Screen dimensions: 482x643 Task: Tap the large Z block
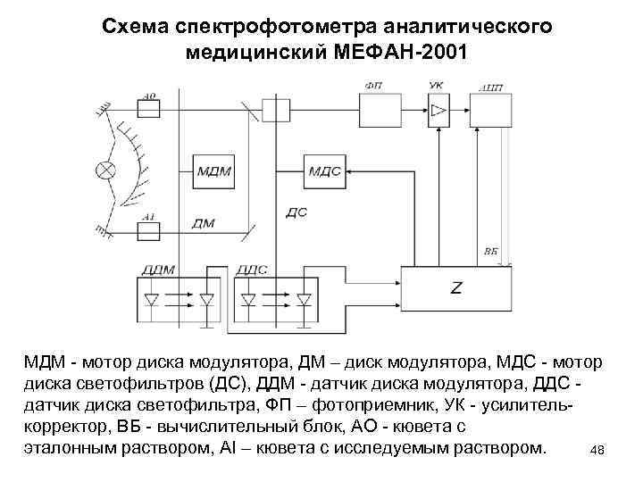[456, 288]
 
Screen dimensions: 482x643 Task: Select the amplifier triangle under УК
[438, 109]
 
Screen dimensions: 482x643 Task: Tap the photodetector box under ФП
[385, 109]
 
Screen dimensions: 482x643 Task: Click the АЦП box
[490, 109]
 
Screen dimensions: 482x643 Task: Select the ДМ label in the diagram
[203, 223]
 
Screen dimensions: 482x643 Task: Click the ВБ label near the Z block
[490, 252]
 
